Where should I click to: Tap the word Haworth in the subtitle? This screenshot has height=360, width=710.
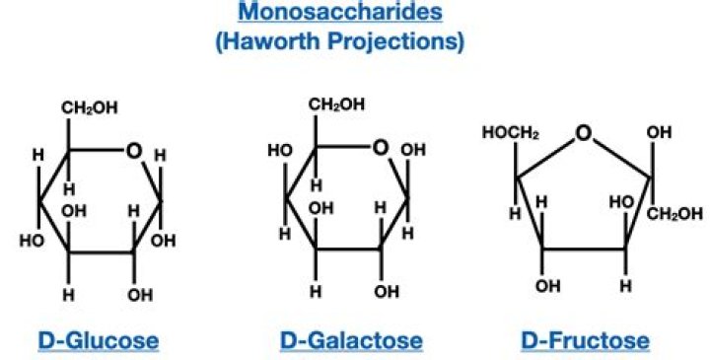311,42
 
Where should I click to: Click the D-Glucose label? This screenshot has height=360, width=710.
98,341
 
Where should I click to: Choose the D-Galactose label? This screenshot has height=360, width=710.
351,341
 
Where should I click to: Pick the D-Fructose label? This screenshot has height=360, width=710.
585,341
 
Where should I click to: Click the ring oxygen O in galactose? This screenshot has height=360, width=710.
381,150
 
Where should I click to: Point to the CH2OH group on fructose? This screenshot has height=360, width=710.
677,214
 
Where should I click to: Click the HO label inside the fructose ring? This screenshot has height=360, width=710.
620,202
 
